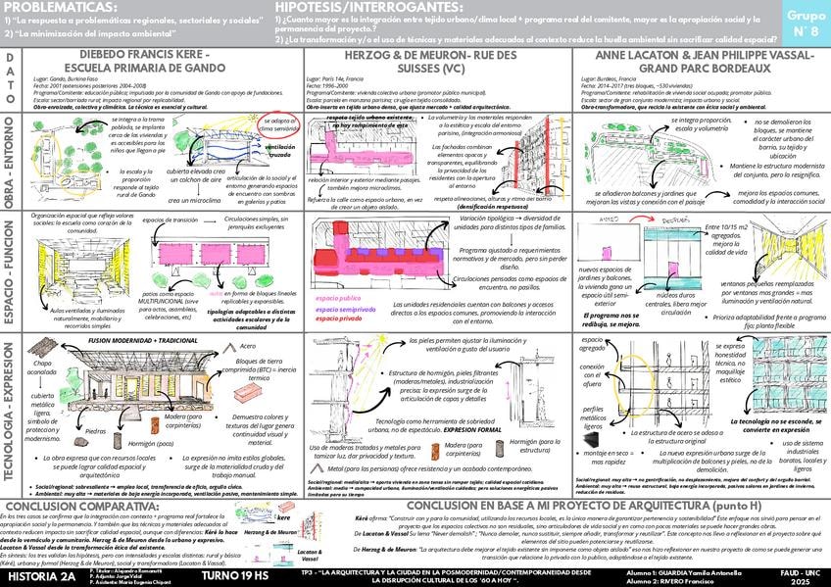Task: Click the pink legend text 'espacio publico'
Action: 338,297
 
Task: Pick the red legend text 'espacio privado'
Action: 338,319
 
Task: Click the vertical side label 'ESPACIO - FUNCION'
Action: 9,270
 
